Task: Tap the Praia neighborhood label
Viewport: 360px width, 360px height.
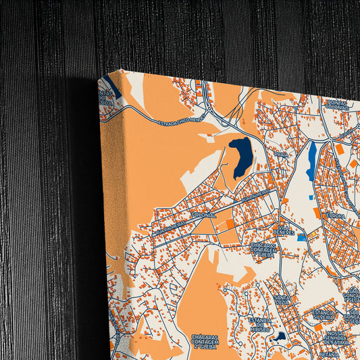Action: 281,155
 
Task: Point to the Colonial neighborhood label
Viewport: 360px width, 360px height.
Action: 203,215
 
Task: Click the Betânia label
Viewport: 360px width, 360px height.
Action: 330,353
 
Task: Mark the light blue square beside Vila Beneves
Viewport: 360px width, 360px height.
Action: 301,237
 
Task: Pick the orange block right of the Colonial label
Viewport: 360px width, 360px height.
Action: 230,224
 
